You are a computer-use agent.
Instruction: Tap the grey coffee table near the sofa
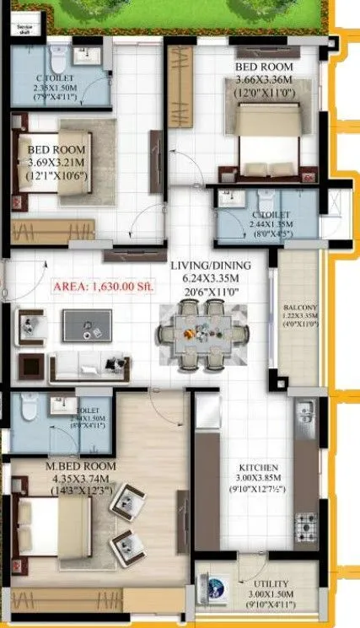coord(86,325)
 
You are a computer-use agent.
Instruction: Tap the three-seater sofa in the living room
coord(89,364)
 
